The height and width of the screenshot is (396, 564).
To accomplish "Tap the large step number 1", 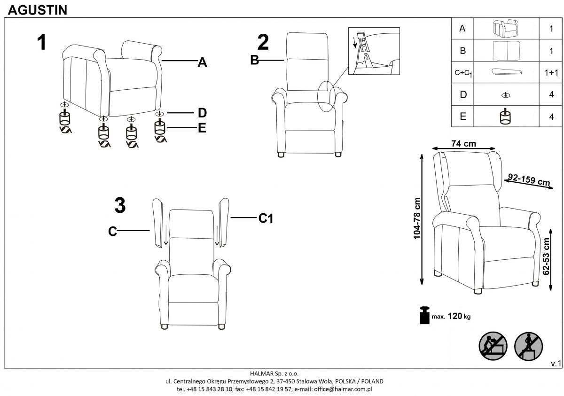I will [42, 43].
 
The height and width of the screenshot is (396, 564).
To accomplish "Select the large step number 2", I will [263, 43].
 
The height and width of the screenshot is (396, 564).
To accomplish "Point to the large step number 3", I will [120, 206].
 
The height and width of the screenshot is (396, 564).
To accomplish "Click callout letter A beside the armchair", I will [202, 62].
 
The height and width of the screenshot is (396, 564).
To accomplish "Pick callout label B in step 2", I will [255, 61].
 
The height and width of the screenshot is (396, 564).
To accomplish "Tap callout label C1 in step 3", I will [266, 218].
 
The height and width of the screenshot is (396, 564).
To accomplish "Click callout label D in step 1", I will [202, 113].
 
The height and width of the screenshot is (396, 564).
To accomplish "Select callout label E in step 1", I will [202, 128].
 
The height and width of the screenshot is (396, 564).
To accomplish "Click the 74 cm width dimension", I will [463, 144].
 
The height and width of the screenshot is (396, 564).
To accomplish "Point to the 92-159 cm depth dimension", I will [529, 180].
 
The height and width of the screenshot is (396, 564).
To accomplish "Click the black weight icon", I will [425, 315].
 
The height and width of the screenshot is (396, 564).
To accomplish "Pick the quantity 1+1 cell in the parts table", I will [551, 73].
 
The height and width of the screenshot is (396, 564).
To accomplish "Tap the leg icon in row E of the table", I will [505, 116].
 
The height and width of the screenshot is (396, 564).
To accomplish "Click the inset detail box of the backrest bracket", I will [374, 51].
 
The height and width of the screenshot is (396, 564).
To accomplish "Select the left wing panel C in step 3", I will [157, 223].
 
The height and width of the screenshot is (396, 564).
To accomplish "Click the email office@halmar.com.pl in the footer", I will [344, 389].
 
